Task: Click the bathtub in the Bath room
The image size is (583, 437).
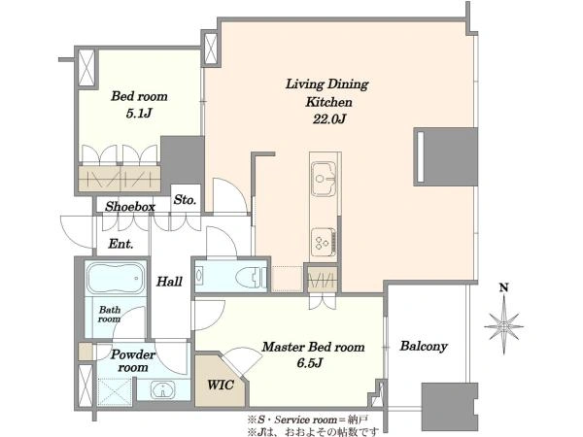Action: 116,278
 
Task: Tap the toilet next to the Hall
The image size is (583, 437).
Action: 252,277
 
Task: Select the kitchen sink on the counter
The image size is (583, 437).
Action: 324,179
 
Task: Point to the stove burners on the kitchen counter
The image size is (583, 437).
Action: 324,242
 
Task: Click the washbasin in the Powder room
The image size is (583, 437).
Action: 162,390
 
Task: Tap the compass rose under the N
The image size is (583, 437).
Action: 503,325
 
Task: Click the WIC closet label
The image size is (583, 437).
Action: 221,385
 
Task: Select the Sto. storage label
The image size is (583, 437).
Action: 185,200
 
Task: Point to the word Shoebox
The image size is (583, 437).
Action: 130,207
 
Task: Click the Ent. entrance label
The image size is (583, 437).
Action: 120,244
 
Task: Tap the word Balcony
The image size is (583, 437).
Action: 424,347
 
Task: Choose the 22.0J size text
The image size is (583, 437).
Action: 329,118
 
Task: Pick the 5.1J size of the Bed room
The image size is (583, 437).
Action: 139,113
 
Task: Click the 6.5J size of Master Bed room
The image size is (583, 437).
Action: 309,362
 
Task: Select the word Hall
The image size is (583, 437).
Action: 169,282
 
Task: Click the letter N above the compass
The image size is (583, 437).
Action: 503,287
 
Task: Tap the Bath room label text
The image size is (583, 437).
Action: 109,315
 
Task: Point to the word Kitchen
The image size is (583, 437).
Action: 328,102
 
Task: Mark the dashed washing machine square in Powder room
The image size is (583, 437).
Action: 115,392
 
